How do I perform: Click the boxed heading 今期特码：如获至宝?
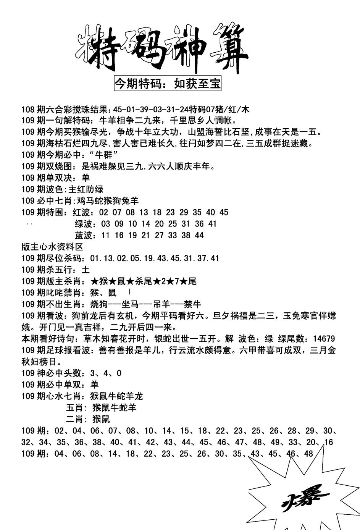coord(168,84)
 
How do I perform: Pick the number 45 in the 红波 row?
coord(224,212)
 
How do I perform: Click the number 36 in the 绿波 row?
coord(199,224)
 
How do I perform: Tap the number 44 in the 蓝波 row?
coord(199,235)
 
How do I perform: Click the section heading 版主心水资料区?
coord(52,247)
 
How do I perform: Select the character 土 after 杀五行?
coord(86,270)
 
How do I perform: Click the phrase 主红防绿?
coord(86,189)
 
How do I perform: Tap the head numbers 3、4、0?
coord(106,373)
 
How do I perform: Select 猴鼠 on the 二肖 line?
coord(101,419)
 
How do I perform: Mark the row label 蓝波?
coord(84,235)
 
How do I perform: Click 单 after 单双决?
coord(86,178)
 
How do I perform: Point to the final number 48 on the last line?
coord(308,454)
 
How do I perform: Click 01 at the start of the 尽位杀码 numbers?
coord(95,258)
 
